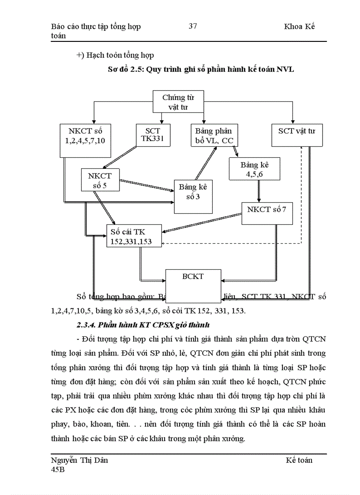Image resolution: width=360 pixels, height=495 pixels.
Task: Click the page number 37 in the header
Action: point(193,26)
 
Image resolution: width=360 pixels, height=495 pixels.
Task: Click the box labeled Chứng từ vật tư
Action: point(178,102)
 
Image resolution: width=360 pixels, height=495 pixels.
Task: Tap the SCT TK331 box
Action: point(152,135)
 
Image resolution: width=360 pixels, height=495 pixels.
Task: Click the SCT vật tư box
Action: point(293,135)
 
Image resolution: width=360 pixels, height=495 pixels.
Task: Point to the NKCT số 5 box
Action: point(100,180)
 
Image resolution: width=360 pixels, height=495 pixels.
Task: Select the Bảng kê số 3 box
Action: point(193,192)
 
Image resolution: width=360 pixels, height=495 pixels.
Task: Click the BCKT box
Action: point(193,282)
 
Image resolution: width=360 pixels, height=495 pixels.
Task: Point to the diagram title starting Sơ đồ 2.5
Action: point(201,69)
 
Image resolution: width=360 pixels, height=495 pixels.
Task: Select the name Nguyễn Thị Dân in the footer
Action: point(80,460)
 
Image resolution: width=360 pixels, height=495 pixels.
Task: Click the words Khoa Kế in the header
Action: point(300,26)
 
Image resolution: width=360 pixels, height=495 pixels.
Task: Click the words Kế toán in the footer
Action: point(299,460)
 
